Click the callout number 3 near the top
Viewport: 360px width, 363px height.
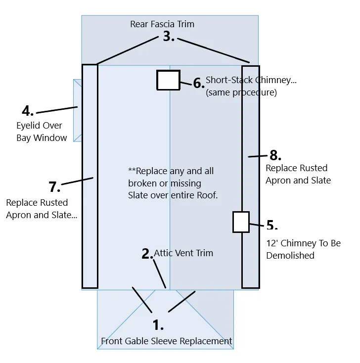tap(169, 37)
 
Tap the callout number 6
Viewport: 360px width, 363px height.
tap(198, 84)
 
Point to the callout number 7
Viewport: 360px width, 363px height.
tap(54, 187)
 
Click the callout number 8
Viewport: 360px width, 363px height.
tap(275, 155)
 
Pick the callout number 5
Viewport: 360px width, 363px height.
tap(271, 225)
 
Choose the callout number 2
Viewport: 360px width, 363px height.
tap(147, 254)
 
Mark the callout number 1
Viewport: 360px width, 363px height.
tap(158, 325)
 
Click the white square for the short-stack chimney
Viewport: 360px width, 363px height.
tap(168, 80)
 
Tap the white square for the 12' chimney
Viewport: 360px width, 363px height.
tap(241, 222)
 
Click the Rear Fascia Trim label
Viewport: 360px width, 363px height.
tap(162, 24)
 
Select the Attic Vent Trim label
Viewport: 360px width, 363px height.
tap(183, 253)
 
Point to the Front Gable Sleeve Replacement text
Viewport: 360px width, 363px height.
tap(167, 341)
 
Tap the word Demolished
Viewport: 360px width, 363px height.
tap(290, 256)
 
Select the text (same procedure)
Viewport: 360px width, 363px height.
tap(241, 92)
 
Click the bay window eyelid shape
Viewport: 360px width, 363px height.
tap(77, 110)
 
